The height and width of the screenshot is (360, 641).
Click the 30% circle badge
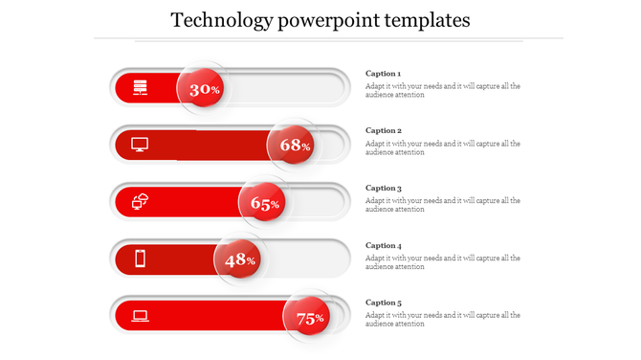coord(203,89)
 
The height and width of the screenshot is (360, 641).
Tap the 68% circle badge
coord(294,146)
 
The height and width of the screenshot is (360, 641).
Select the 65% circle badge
coord(264,203)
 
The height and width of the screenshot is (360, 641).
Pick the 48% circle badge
coord(238,259)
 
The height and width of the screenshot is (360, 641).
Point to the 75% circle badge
coord(309,318)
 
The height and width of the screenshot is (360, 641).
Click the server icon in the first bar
coord(140,88)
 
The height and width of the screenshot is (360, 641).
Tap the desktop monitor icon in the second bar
coord(140,145)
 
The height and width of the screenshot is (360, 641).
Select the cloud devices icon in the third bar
coord(141,201)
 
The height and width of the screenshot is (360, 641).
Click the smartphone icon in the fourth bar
coord(140,259)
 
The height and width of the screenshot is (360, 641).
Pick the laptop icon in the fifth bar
coord(140,315)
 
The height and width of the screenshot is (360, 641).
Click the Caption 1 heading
coord(384,74)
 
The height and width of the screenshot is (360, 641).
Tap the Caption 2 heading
coord(384,130)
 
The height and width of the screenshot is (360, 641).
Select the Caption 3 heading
coord(384,189)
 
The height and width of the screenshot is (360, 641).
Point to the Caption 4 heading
coord(384,246)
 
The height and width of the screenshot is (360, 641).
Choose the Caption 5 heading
coord(384,303)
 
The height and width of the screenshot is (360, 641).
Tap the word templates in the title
coord(426,20)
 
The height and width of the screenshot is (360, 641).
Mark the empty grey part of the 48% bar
coord(301,259)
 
